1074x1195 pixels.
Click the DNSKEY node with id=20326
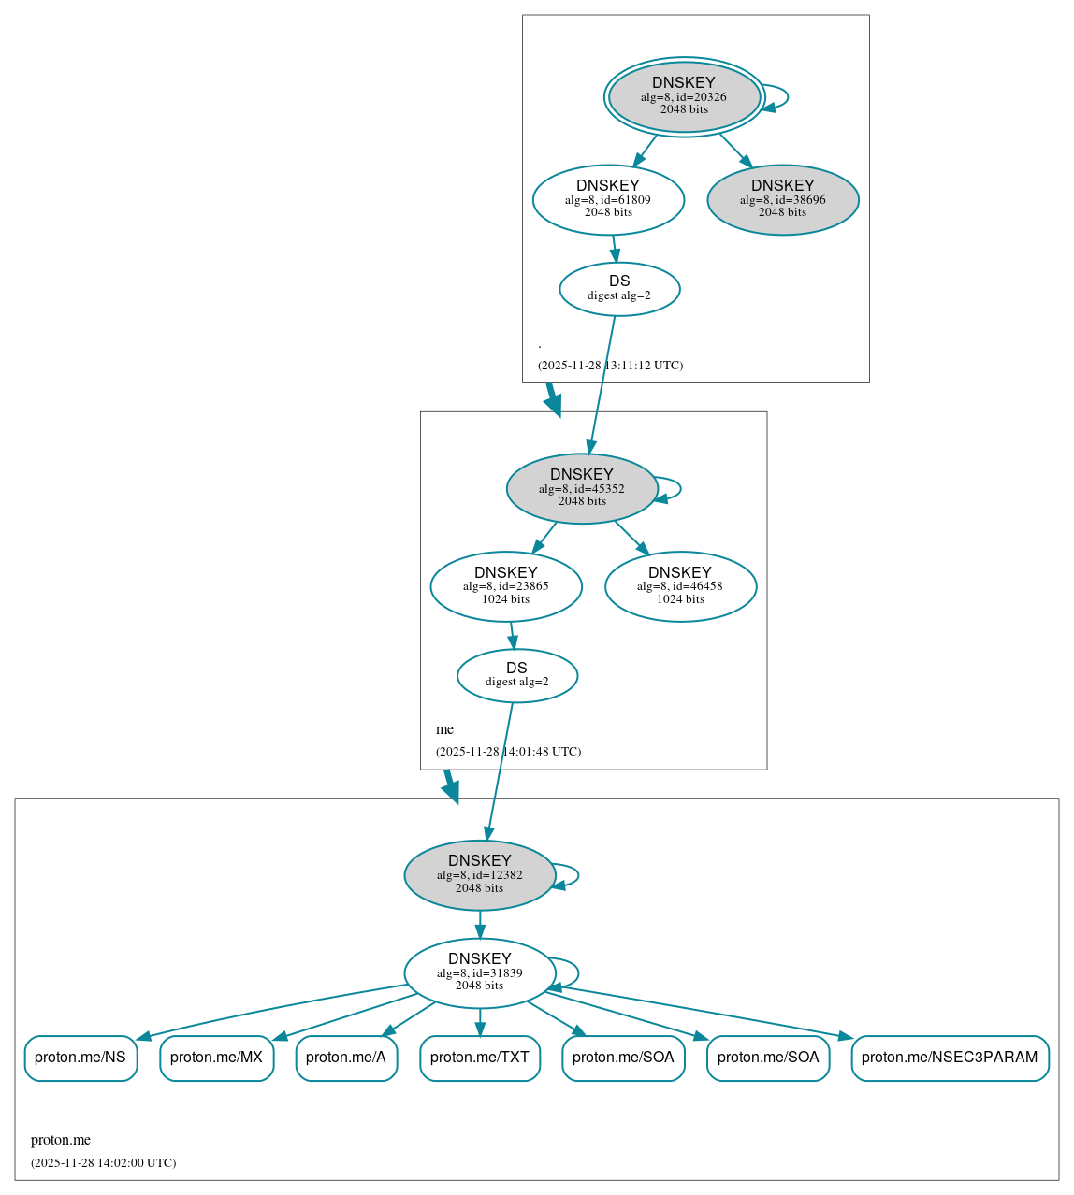[684, 96]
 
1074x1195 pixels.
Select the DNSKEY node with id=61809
[608, 199]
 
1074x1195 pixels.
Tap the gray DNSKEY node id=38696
[783, 199]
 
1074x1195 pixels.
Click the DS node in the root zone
[619, 289]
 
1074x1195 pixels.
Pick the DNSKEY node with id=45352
[582, 488]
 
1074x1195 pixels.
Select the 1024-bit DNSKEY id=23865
[506, 586]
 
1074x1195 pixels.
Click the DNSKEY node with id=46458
[680, 586]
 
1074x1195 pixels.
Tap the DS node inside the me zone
[516, 675]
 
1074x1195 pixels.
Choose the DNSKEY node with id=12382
[480, 875]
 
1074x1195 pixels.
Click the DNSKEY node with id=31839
[480, 972]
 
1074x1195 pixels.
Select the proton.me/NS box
[80, 1058]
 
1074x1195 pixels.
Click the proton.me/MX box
[216, 1058]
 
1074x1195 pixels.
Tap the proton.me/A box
[346, 1058]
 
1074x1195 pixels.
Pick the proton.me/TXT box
[480, 1058]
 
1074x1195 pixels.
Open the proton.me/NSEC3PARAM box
[950, 1058]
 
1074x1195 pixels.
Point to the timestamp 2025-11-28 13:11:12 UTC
[610, 365]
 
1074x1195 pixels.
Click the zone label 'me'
[444, 729]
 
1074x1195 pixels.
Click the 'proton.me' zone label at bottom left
[61, 1140]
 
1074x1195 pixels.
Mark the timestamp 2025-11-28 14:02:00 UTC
[103, 1163]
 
